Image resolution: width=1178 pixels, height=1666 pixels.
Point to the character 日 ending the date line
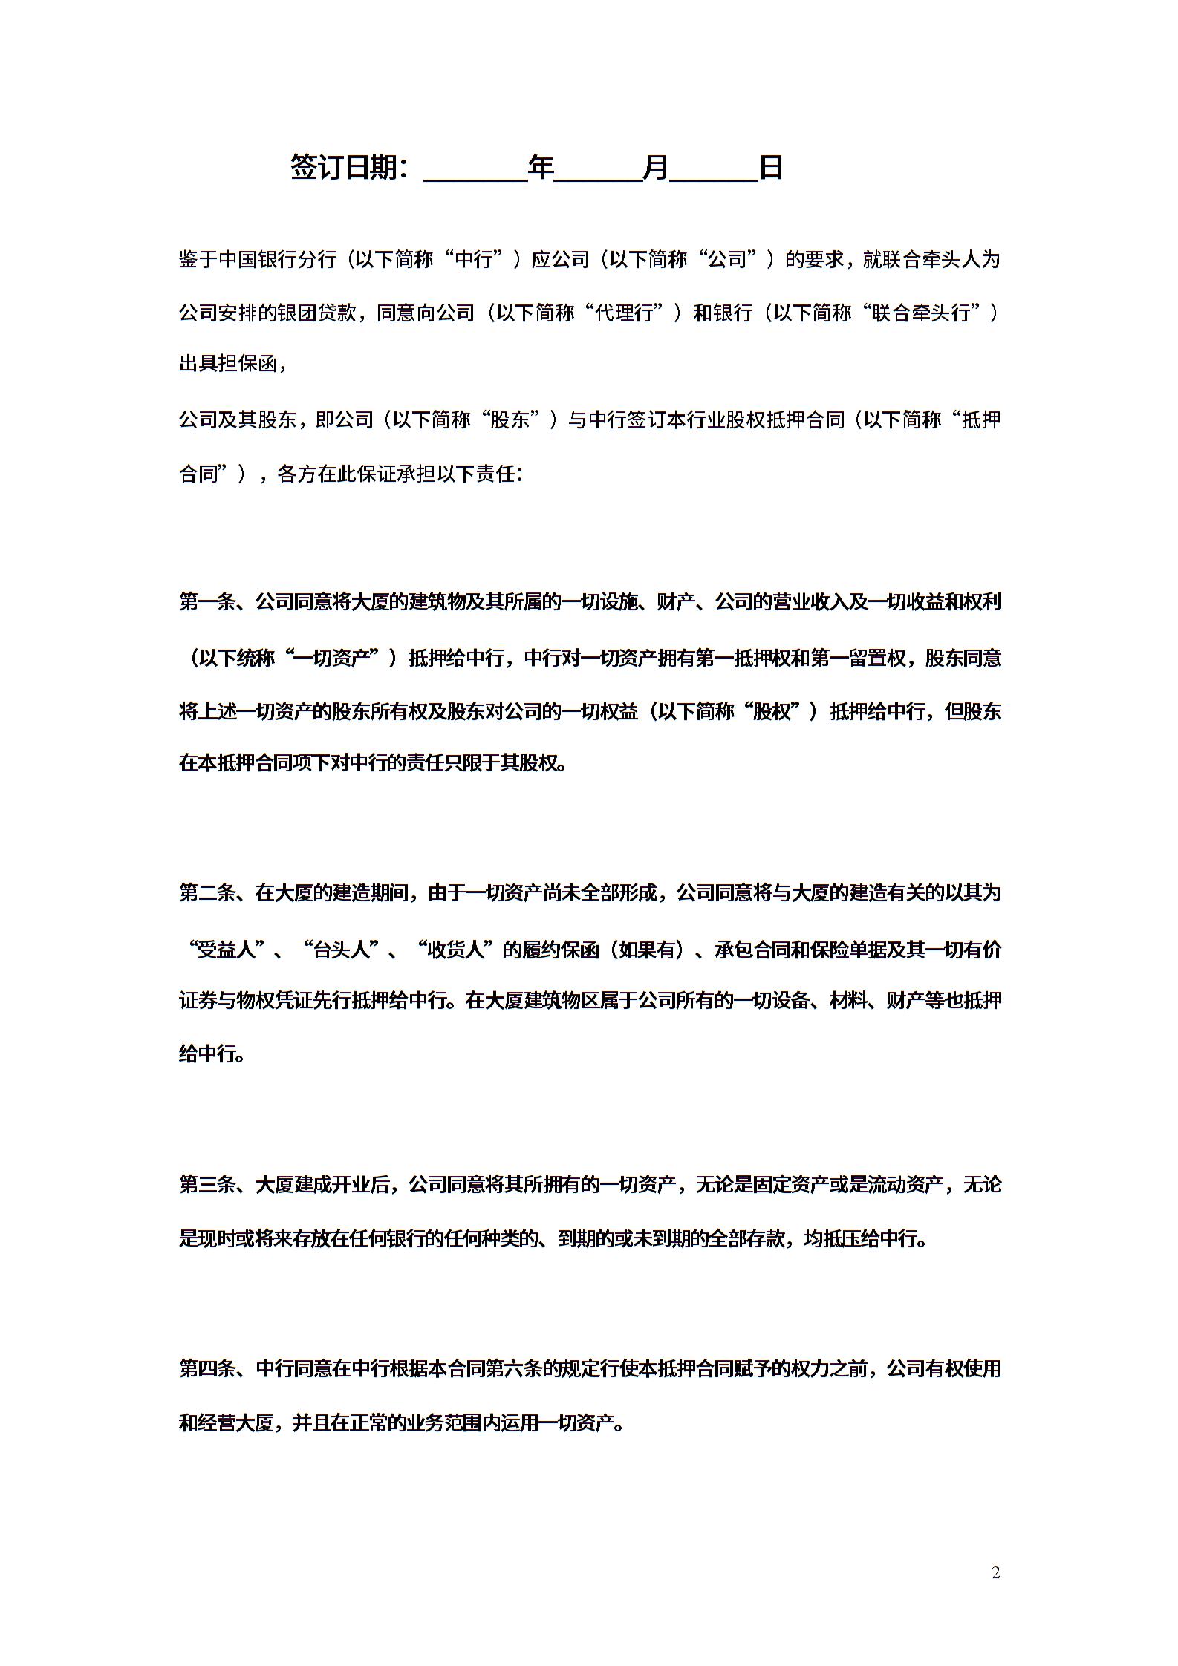[x=771, y=168]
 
